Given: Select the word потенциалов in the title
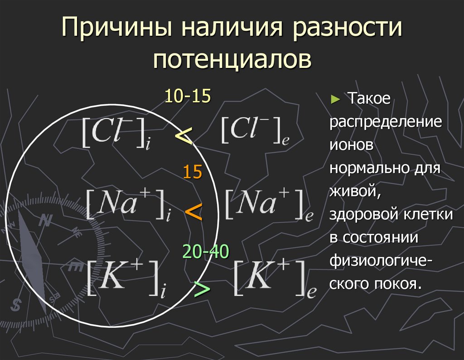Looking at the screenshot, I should (232, 61).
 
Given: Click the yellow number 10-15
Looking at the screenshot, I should (187, 96).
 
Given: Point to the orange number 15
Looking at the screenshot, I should (192, 173).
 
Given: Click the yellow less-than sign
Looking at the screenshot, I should (184, 135).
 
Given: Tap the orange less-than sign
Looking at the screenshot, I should (193, 211).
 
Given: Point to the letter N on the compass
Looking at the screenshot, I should (44, 221).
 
